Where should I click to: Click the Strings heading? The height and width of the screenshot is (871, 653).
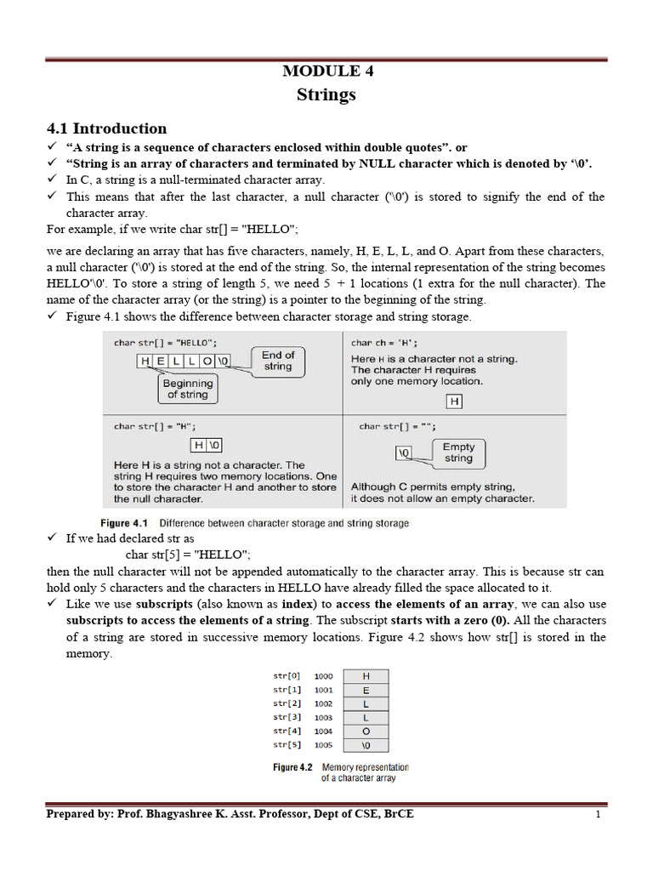pyautogui.click(x=326, y=94)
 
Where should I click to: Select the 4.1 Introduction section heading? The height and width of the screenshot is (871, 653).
pyautogui.click(x=106, y=128)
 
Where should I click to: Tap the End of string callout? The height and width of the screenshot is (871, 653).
pyautogui.click(x=277, y=361)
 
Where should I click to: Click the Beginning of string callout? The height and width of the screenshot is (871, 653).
pyautogui.click(x=187, y=389)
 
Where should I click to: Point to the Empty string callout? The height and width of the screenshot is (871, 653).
pyautogui.click(x=458, y=452)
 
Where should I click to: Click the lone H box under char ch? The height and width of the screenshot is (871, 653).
pyautogui.click(x=455, y=401)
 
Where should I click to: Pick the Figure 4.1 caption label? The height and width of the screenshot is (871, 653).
pyautogui.click(x=125, y=523)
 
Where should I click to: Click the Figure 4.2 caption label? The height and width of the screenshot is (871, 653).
pyautogui.click(x=292, y=767)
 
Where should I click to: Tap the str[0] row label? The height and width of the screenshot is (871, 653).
pyautogui.click(x=287, y=676)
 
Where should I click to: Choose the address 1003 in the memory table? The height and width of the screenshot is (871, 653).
pyautogui.click(x=324, y=718)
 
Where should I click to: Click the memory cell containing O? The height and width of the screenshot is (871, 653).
pyautogui.click(x=366, y=732)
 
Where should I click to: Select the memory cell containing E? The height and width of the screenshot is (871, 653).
pyautogui.click(x=366, y=691)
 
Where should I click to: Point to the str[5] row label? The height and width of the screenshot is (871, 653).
pyautogui.click(x=287, y=745)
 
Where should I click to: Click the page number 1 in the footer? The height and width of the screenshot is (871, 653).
pyautogui.click(x=599, y=815)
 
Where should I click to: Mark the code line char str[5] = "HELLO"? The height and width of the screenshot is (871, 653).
pyautogui.click(x=188, y=555)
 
